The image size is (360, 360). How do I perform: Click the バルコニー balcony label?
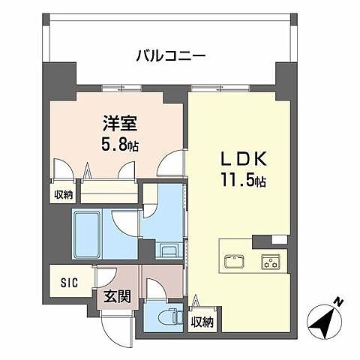[x=172, y=55]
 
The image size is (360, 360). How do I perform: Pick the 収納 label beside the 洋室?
[x=63, y=195]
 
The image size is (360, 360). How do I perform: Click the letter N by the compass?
[x=338, y=302]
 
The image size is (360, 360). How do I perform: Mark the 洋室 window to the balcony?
[x=123, y=88]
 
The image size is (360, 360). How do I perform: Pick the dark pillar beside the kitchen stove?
[x=262, y=241]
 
